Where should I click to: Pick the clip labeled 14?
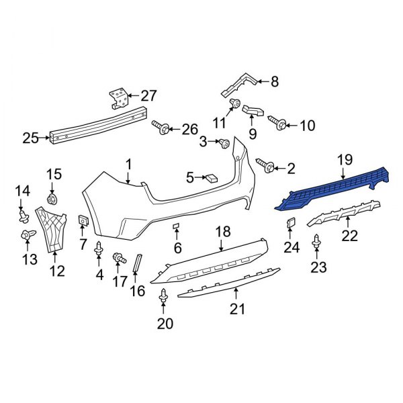(24, 216)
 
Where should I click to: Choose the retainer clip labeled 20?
(163, 296)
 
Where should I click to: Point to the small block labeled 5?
(212, 178)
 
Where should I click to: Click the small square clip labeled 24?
(290, 224)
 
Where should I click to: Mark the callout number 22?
(351, 235)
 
